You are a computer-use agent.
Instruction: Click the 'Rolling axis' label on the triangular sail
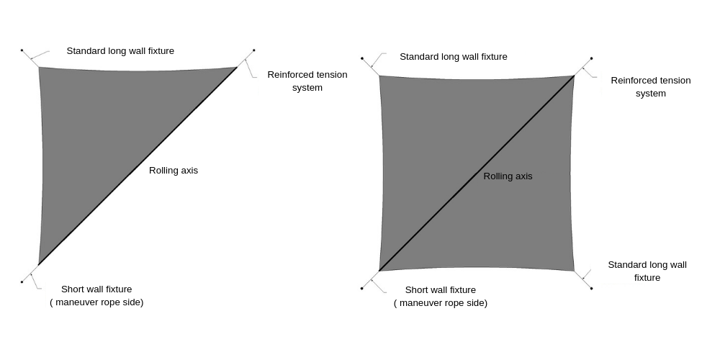(x=173, y=171)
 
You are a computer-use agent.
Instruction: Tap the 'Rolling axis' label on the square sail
(x=508, y=176)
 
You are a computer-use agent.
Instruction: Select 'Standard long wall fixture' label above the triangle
(x=120, y=51)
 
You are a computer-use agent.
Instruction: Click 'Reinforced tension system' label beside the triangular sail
(x=307, y=81)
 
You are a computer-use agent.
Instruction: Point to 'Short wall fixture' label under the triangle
(x=96, y=289)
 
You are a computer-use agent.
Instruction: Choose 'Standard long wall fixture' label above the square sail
(x=453, y=57)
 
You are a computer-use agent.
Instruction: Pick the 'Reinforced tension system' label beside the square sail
(x=650, y=86)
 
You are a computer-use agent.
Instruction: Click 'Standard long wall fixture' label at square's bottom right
(x=647, y=271)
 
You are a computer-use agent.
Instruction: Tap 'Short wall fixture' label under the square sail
(x=440, y=290)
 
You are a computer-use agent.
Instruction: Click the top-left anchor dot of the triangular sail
(x=22, y=50)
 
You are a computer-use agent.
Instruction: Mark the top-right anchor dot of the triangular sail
(x=254, y=50)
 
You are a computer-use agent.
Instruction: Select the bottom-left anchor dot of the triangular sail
(x=22, y=282)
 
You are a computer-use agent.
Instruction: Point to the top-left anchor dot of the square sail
(x=361, y=58)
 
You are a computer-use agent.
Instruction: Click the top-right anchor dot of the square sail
(x=591, y=58)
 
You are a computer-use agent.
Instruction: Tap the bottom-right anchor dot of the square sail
(x=591, y=288)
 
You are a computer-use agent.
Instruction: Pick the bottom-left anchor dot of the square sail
(x=361, y=288)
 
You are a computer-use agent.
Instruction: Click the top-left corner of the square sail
(x=379, y=76)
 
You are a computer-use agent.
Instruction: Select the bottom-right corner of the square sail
(x=574, y=271)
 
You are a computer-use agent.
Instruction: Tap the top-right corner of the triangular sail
(x=237, y=67)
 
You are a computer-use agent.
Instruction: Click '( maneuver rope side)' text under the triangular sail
(x=96, y=302)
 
